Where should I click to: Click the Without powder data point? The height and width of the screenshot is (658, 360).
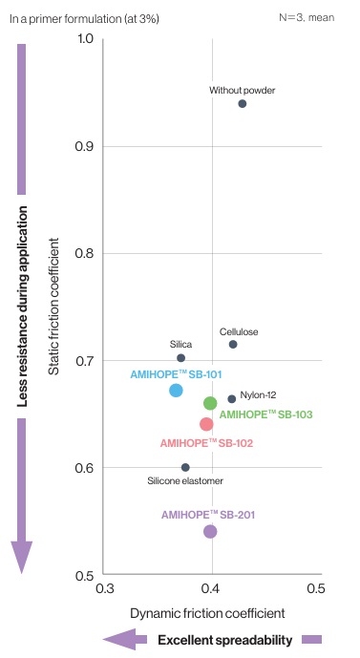[x=243, y=104]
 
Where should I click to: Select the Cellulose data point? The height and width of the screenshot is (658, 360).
[x=233, y=345]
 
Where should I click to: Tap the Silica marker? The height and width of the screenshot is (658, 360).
[x=180, y=358]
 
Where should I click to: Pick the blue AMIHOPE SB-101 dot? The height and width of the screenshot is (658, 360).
[x=176, y=391]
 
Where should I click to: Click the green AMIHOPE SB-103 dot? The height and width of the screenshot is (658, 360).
[x=210, y=403]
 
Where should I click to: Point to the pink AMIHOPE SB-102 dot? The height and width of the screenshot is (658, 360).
[x=206, y=424]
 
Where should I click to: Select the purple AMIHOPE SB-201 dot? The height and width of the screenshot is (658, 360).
[x=210, y=532]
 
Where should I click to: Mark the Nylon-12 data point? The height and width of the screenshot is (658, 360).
[x=232, y=399]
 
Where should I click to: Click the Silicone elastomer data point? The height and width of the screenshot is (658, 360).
[x=185, y=468]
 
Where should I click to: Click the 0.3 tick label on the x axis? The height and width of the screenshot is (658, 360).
[x=105, y=588]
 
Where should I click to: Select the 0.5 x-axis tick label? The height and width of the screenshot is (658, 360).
[x=316, y=588]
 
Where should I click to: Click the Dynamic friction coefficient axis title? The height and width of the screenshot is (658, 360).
[x=207, y=613]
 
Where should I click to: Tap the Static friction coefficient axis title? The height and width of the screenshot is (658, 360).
[x=53, y=307]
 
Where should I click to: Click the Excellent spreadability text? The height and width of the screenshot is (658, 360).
[x=225, y=640]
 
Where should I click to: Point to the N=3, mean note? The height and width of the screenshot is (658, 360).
[x=307, y=17]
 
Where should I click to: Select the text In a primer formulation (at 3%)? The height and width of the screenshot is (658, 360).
[x=84, y=19]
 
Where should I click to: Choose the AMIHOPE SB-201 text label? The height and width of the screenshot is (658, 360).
[x=208, y=515]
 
